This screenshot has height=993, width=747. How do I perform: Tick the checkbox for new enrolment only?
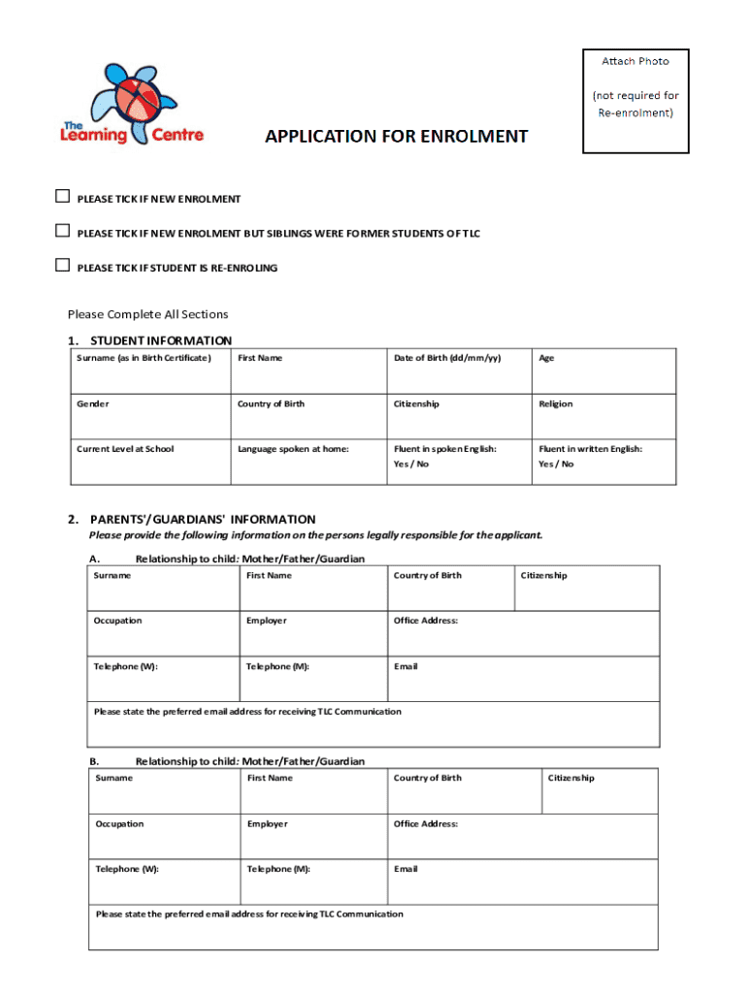pyautogui.click(x=62, y=198)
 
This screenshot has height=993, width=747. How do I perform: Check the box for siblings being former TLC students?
pyautogui.click(x=62, y=232)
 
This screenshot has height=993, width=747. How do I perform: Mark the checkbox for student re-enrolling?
pyautogui.click(x=62, y=266)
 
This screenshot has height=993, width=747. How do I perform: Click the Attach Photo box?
pyautogui.click(x=634, y=101)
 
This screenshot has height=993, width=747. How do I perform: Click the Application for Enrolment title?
pyautogui.click(x=397, y=137)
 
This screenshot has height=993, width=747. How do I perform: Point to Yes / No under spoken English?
pyautogui.click(x=411, y=464)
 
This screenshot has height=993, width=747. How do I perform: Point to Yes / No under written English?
pyautogui.click(x=557, y=464)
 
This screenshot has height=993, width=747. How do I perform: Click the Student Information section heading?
pyautogui.click(x=160, y=340)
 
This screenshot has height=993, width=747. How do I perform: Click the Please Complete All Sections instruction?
pyautogui.click(x=147, y=314)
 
